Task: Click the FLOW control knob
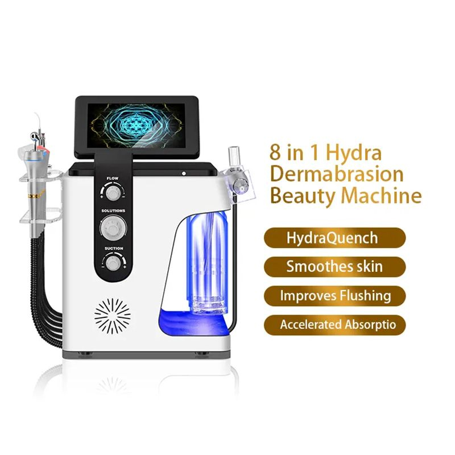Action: tap(113, 193)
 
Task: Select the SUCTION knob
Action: tap(113, 263)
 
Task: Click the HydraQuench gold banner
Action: tap(334, 238)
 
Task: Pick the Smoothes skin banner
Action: tap(334, 267)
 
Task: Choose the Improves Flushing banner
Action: tap(334, 296)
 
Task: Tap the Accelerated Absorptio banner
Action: tap(334, 325)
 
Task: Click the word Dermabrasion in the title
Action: tap(337, 175)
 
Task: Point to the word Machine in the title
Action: tap(381, 196)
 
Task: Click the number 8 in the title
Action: tap(275, 152)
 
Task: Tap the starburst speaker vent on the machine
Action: tap(113, 316)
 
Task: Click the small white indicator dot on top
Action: tap(184, 173)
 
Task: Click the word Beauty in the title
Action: tap(303, 197)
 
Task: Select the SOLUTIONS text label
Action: tap(113, 210)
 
